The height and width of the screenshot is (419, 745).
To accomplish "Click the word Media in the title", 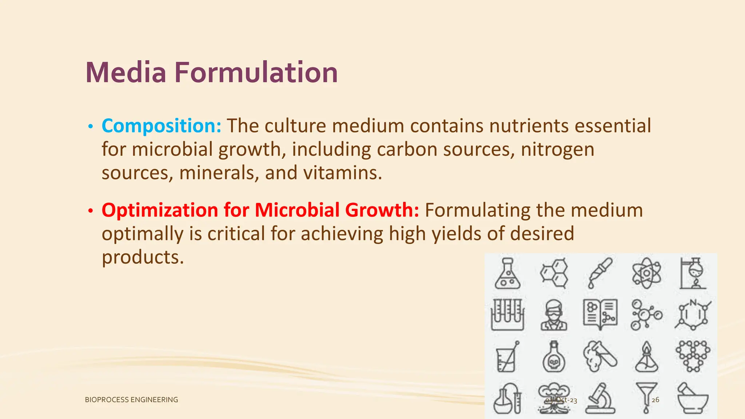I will click(x=126, y=72).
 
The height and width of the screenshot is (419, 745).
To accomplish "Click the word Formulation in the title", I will click(x=256, y=72).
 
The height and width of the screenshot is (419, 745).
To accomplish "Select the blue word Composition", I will click(x=161, y=126).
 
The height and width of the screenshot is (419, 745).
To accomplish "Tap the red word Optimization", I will click(x=160, y=210).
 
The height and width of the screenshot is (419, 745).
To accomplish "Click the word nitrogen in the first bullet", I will click(x=557, y=149).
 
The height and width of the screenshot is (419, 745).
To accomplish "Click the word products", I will click(x=143, y=257).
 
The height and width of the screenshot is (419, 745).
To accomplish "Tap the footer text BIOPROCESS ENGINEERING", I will click(x=131, y=400).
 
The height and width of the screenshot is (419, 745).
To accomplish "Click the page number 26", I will click(x=655, y=400).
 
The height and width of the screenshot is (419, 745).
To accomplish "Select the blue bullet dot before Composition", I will click(x=91, y=127).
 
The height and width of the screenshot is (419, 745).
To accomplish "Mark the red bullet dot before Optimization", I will click(x=91, y=211).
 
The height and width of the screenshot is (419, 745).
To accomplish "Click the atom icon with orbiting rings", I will click(x=646, y=273).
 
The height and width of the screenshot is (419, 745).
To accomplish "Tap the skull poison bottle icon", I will click(x=554, y=357).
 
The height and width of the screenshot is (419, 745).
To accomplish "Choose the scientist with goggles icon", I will click(x=554, y=315).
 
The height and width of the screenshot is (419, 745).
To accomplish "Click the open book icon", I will click(x=600, y=315).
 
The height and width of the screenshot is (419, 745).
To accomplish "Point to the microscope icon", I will click(x=600, y=398).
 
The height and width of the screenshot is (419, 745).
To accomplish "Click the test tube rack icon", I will click(x=507, y=315).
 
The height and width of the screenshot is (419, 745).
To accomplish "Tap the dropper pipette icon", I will click(x=600, y=273).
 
